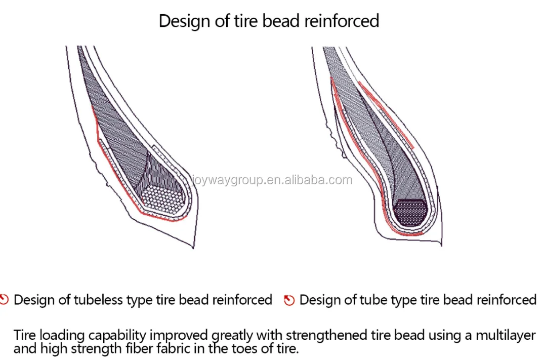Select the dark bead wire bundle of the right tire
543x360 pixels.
click(x=411, y=212)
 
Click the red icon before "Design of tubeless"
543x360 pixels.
click(x=5, y=300)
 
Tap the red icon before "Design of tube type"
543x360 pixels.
click(x=289, y=300)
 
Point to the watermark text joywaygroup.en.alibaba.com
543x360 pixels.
click(x=271, y=180)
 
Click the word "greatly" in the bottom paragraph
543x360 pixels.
click(x=233, y=336)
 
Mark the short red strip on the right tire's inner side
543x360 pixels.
click(x=386, y=114)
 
